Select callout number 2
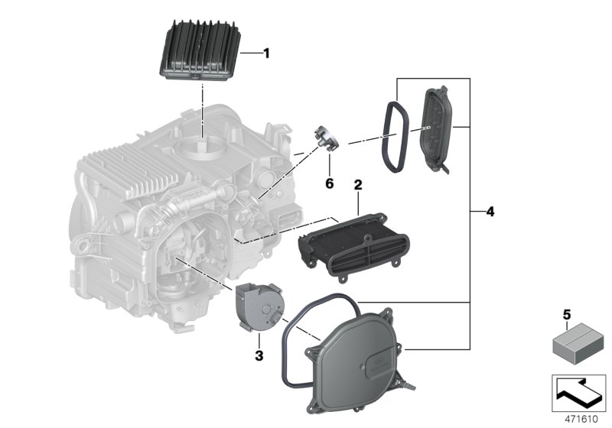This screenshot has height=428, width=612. click(356, 185)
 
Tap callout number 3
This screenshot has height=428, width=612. click(259, 355)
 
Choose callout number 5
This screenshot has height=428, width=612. click(567, 313)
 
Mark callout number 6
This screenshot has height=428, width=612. click(330, 184)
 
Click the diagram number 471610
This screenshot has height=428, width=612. click(578, 420)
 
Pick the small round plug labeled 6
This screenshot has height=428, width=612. click(325, 140)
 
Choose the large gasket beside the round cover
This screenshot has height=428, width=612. click(291, 336)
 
